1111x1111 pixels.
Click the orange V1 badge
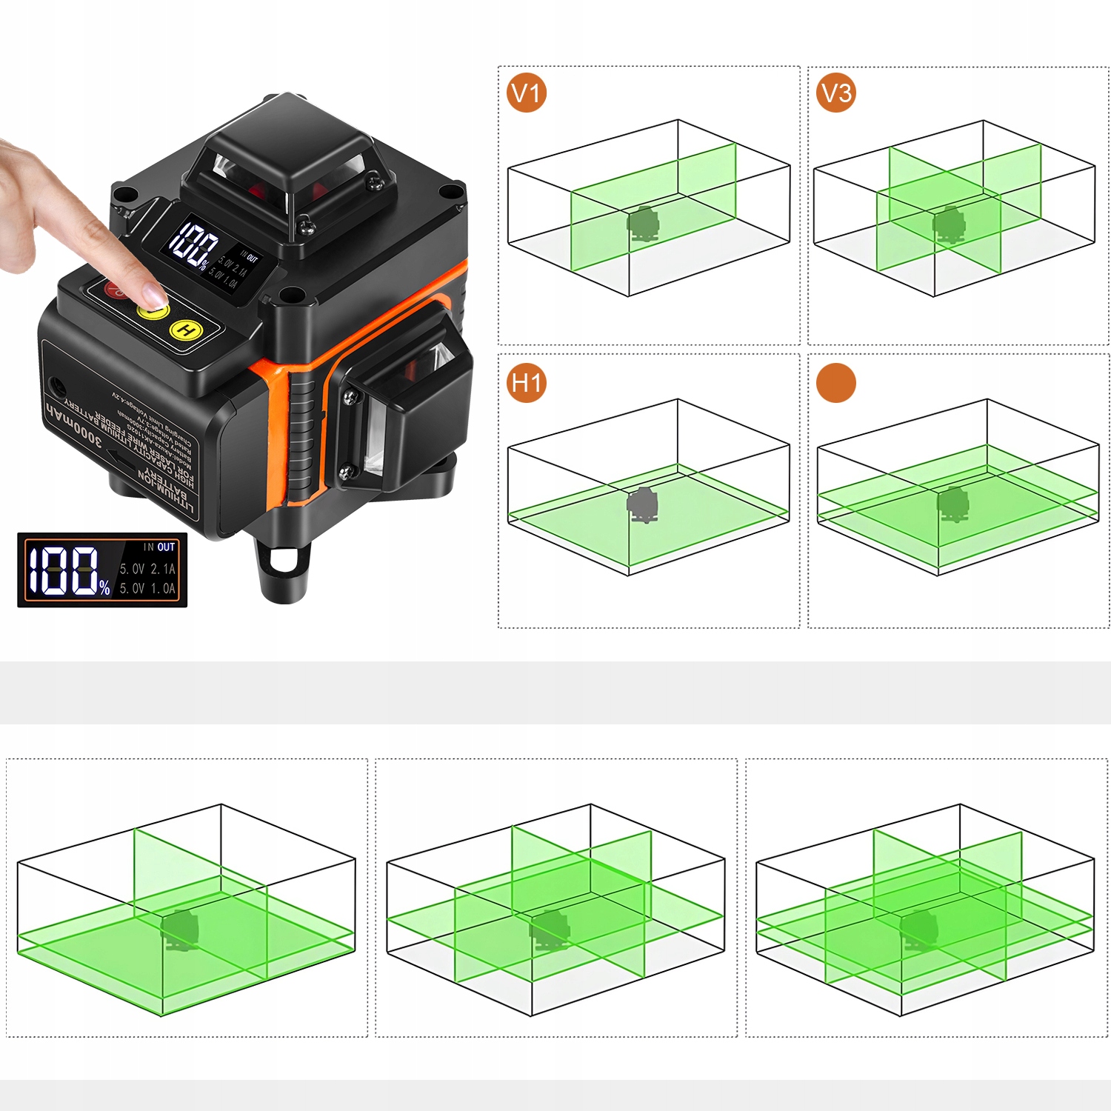tap(527, 93)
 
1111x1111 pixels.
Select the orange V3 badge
tap(836, 93)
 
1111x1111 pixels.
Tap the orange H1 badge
tap(527, 383)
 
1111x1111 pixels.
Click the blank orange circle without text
tap(836, 383)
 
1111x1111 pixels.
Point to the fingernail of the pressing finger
tap(154, 297)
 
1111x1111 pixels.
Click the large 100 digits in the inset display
tap(64, 571)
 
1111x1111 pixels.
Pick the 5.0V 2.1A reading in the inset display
tap(148, 569)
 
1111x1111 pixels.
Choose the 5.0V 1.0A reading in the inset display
tap(148, 588)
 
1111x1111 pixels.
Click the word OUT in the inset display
tap(166, 547)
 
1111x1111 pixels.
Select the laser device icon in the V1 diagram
tap(644, 224)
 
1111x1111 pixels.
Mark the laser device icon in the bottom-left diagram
tap(180, 930)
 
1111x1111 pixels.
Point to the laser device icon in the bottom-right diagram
tap(919, 929)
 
